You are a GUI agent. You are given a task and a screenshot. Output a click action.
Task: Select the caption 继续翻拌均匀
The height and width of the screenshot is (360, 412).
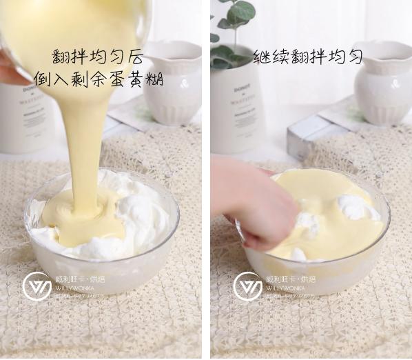click(x=307, y=57)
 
